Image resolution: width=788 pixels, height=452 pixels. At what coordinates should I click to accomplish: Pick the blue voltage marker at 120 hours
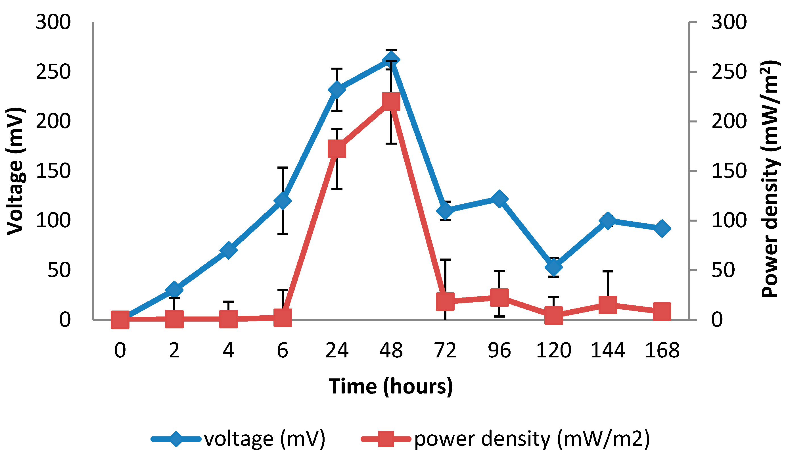click(553, 267)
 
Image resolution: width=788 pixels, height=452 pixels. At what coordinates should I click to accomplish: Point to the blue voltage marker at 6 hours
click(283, 200)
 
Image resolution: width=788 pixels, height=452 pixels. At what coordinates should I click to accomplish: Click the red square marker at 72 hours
click(445, 301)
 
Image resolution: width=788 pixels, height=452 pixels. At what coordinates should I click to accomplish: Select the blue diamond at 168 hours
click(662, 229)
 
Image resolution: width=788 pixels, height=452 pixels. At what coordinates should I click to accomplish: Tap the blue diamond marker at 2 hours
click(174, 290)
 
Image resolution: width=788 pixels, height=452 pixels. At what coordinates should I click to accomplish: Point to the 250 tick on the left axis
click(53, 72)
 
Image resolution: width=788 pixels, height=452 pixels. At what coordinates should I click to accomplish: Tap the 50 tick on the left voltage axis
click(59, 270)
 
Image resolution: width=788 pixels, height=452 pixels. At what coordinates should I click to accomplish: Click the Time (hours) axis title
click(391, 386)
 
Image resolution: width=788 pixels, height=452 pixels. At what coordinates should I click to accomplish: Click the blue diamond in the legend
click(175, 439)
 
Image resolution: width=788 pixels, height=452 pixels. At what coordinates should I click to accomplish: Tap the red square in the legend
click(386, 439)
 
